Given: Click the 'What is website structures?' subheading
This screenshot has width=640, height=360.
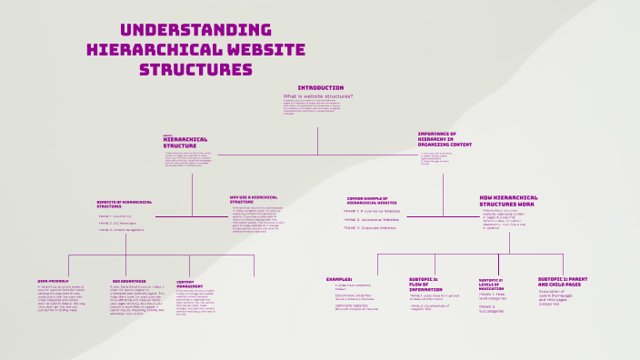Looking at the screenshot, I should (318, 95).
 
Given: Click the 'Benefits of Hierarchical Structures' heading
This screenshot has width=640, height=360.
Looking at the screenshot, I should (127, 205).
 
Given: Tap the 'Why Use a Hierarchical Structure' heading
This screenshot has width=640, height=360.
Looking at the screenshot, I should (254, 198).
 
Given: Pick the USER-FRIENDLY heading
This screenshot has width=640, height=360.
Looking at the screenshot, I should (55, 280).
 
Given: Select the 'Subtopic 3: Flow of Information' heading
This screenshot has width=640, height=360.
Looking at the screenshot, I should (424, 283).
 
